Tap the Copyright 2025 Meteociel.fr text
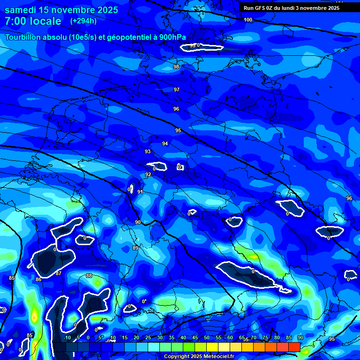199,356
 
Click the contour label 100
248,20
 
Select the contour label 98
176,67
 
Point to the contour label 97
177,90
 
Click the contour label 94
165,143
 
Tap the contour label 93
148,151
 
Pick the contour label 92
148,174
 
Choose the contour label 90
138,222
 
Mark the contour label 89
135,247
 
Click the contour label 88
89,276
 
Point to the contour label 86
38,279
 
